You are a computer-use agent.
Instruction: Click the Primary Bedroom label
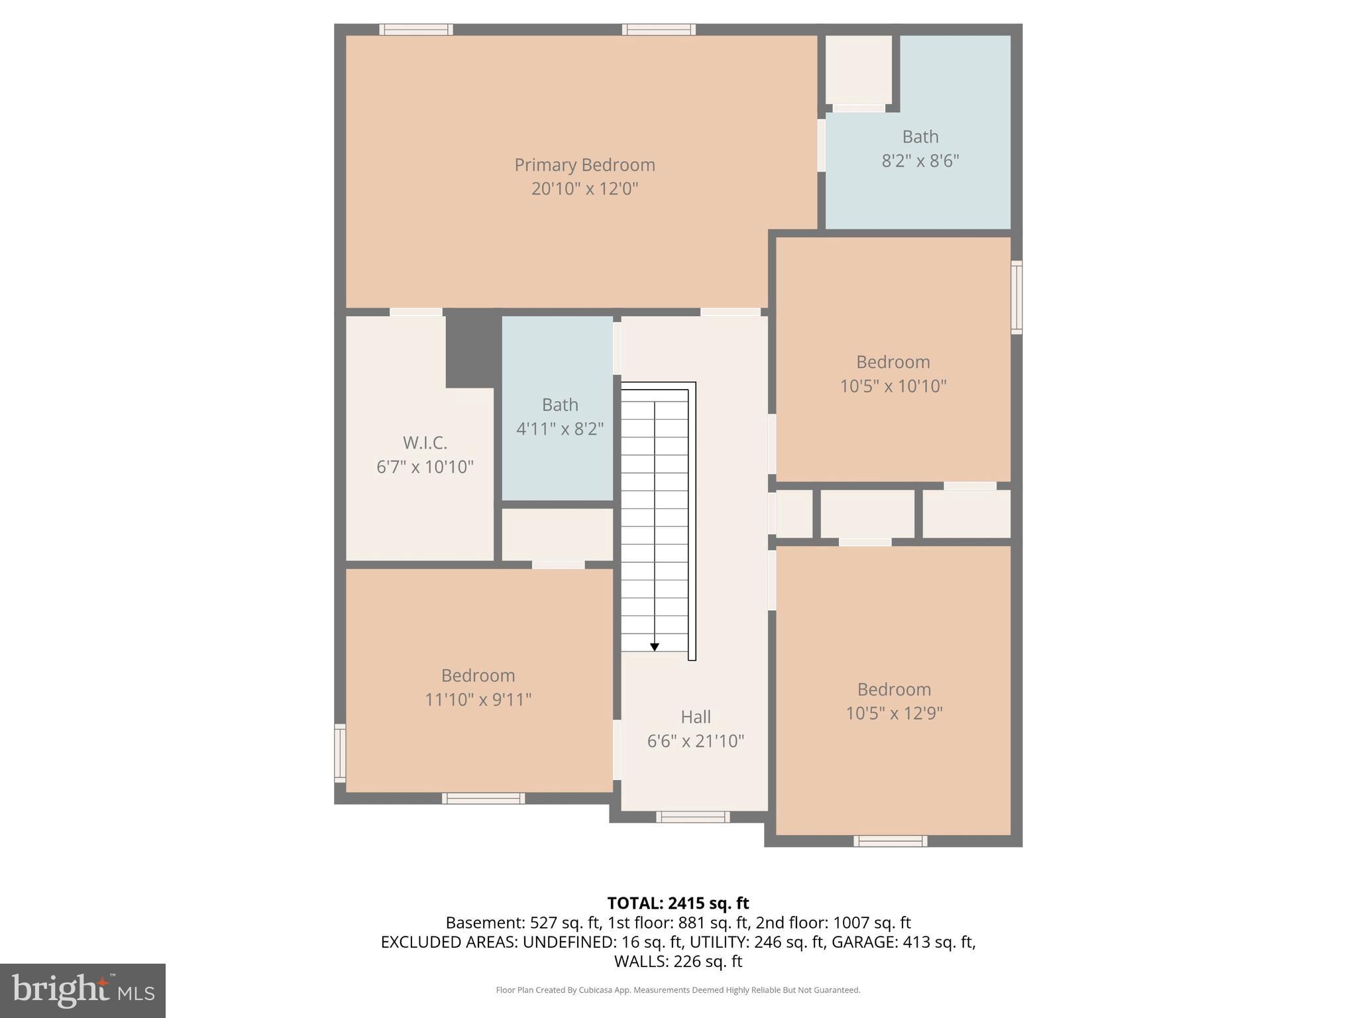pyautogui.click(x=584, y=164)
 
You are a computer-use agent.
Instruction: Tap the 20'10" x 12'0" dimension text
pyautogui.click(x=584, y=189)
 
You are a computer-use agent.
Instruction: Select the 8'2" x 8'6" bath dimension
pyautogui.click(x=920, y=161)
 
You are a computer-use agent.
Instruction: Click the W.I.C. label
pyautogui.click(x=425, y=442)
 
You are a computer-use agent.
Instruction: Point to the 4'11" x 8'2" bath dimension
pyautogui.click(x=560, y=429)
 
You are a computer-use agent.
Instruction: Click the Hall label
pyautogui.click(x=696, y=716)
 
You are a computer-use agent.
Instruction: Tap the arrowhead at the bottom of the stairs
pyautogui.click(x=655, y=647)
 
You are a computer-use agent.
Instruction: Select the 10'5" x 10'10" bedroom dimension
pyautogui.click(x=893, y=386)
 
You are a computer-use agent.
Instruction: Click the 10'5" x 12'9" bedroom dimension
pyautogui.click(x=894, y=713)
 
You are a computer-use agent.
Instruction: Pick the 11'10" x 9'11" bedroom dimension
pyautogui.click(x=478, y=699)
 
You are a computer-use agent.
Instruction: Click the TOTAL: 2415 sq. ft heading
pyautogui.click(x=678, y=903)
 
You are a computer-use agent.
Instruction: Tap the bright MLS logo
pyautogui.click(x=82, y=990)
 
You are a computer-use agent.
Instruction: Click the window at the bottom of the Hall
pyautogui.click(x=692, y=817)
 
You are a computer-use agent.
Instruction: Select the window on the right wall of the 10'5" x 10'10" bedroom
pyautogui.click(x=1016, y=297)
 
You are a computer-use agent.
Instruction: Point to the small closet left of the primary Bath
pyautogui.click(x=858, y=68)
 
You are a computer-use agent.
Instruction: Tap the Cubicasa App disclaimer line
pyautogui.click(x=678, y=990)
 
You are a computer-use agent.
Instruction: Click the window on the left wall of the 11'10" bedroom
pyautogui.click(x=340, y=753)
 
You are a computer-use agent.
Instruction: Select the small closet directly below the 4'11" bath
pyautogui.click(x=557, y=534)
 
